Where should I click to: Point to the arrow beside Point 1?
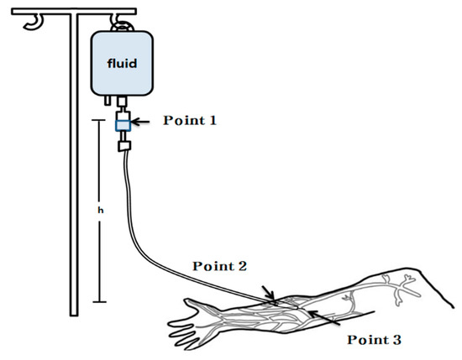click(x=147, y=124)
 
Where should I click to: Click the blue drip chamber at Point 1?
click(x=121, y=125)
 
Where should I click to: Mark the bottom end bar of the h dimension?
click(x=101, y=301)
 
